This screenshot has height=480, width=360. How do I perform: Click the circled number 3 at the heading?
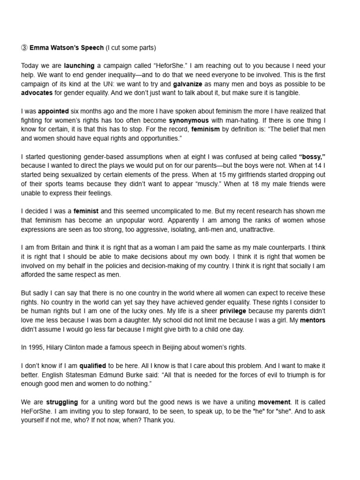coord(25,48)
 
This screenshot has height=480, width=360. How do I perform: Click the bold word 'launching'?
coord(79,66)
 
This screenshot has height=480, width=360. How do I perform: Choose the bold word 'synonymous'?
coord(188,120)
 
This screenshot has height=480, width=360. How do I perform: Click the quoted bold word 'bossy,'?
coord(312,157)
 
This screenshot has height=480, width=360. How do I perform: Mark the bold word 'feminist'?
coord(86,211)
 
